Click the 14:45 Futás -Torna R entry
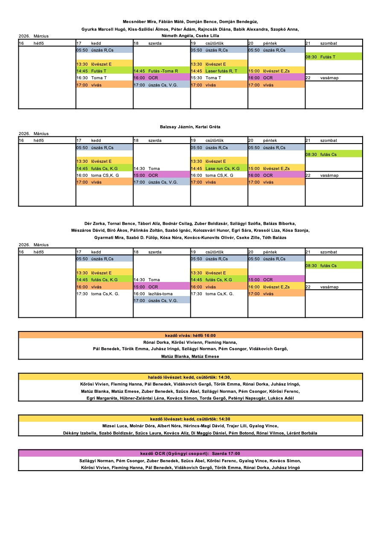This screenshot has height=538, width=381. tap(156, 71)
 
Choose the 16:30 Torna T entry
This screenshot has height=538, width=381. tap(92, 78)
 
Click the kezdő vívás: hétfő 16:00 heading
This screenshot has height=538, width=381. tap(190, 335)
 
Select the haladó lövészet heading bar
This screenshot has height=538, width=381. tap(190, 377)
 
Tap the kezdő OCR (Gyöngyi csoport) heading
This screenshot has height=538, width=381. tap(190, 454)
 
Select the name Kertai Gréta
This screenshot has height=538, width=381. tap(209, 127)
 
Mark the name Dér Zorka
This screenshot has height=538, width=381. tap(94, 223)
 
